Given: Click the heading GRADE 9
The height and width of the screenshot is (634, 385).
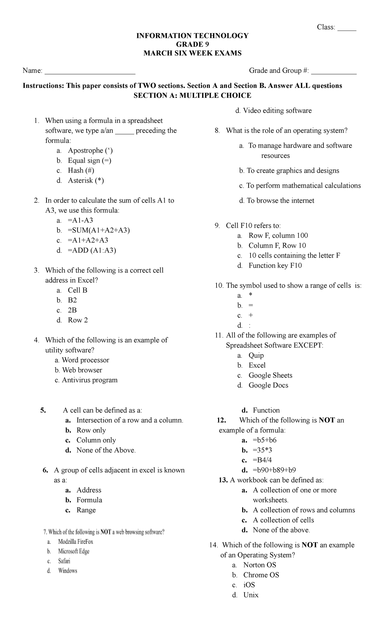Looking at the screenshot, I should click(x=192, y=45).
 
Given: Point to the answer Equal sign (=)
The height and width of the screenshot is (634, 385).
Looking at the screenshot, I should click(x=90, y=160).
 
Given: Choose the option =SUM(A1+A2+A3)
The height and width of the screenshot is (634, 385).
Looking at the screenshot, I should click(x=99, y=230).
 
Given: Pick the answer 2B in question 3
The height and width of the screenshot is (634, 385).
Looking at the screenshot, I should click(x=72, y=310).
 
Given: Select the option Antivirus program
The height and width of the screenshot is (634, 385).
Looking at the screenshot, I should click(x=90, y=380).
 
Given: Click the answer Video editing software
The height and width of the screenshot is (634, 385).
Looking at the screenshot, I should click(x=277, y=111).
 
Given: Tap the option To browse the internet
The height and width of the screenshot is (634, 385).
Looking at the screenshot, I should click(x=280, y=201).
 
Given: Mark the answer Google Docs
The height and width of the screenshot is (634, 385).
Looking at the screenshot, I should click(x=268, y=385).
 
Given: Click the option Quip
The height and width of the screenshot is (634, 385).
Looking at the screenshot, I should click(x=256, y=356).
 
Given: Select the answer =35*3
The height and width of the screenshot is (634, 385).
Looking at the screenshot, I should click(x=262, y=450).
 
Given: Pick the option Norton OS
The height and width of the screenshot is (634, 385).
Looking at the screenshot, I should click(x=260, y=565).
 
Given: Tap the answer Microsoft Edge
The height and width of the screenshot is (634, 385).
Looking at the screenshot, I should click(x=74, y=551).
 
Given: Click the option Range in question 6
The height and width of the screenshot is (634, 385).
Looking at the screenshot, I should click(x=86, y=510).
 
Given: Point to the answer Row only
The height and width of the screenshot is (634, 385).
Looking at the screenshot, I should click(x=91, y=430).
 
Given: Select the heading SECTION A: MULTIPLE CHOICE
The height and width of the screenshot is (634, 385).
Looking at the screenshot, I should click(x=192, y=96).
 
